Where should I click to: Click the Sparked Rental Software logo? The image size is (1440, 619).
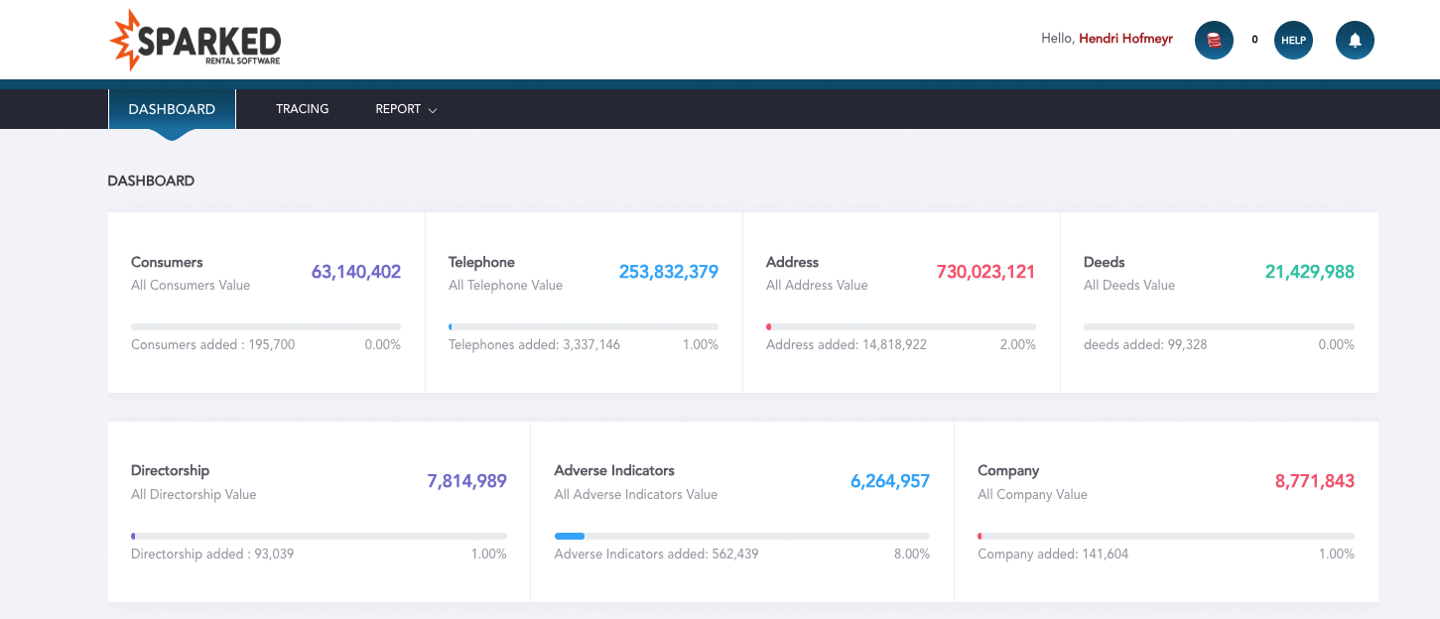196,41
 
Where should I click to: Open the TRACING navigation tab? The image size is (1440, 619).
302,109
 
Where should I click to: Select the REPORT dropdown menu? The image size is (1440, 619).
405,109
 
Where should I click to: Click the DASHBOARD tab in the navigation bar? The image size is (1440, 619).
172,109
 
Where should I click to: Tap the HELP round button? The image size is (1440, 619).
1292,41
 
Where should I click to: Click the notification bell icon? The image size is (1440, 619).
1355,41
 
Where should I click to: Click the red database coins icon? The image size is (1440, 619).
1214,41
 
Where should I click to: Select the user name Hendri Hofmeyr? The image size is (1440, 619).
1125,39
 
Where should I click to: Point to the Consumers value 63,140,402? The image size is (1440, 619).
355,272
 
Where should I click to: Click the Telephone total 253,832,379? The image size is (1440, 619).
668,272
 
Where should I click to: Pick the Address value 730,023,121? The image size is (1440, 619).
985,272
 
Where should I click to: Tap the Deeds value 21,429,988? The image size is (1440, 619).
1309,272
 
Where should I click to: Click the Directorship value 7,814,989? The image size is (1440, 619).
466,481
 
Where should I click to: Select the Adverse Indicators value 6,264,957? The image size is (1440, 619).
889,481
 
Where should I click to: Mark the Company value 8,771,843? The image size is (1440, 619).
1314,481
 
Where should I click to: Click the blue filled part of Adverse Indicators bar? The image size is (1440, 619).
570,536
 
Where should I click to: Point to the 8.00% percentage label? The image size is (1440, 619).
911,555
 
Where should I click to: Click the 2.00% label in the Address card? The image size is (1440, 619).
1016,345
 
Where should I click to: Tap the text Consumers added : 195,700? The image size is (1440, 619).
212,345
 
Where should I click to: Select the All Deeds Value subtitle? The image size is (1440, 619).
1128,286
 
